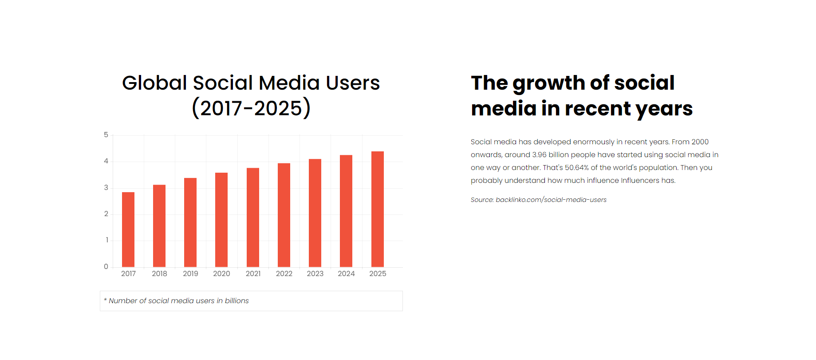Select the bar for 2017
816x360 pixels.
[x=128, y=229]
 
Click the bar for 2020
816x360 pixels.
[x=221, y=220]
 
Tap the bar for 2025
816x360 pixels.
[x=378, y=209]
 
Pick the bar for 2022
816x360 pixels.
[x=284, y=215]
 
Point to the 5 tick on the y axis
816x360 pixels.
[x=106, y=135]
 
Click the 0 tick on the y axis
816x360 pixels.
[x=106, y=266]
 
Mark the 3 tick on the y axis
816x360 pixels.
[x=106, y=187]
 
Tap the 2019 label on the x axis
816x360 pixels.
[x=190, y=273]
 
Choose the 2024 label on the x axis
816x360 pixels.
[x=346, y=273]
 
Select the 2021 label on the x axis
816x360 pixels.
[x=253, y=273]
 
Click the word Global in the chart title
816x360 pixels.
[x=154, y=83]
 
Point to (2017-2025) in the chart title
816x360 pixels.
[x=251, y=108]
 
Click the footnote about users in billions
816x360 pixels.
[x=177, y=301]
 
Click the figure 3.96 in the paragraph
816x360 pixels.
[x=539, y=154]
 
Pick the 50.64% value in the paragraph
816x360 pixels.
[x=576, y=167]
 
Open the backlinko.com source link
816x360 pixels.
[x=551, y=200]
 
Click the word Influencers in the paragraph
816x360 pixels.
[x=640, y=180]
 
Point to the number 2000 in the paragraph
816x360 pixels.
[x=700, y=142]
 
